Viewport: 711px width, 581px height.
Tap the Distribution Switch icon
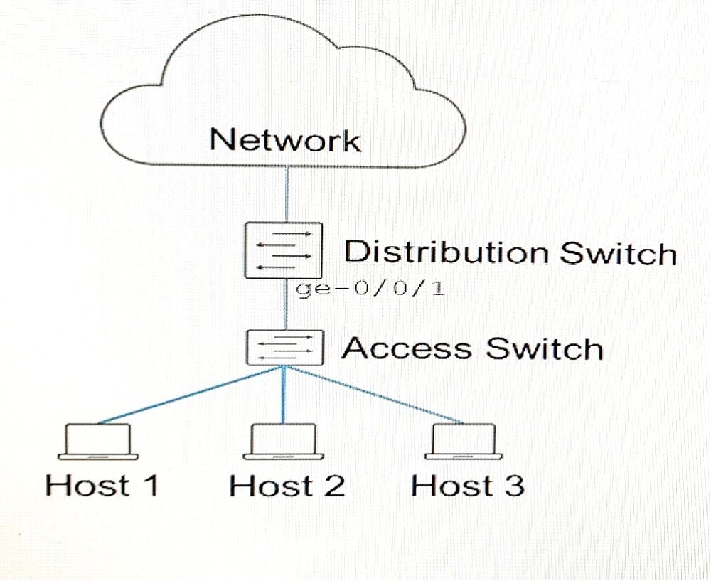pyautogui.click(x=284, y=250)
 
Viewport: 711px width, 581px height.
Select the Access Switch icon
pyautogui.click(x=285, y=348)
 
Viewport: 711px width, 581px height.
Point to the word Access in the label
pyautogui.click(x=407, y=348)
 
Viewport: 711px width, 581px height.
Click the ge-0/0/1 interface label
pyautogui.click(x=370, y=289)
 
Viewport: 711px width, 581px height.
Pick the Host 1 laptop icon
pyautogui.click(x=98, y=442)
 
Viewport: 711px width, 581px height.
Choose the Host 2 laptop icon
pyautogui.click(x=284, y=442)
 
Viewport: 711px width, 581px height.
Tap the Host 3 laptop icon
pyautogui.click(x=464, y=442)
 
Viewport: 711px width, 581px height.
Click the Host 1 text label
pyautogui.click(x=102, y=485)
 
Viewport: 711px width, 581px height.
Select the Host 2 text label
pyautogui.click(x=287, y=485)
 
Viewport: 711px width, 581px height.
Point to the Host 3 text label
pyautogui.click(x=468, y=485)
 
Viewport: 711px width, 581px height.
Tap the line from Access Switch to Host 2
pyautogui.click(x=284, y=395)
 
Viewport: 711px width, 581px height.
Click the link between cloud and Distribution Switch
pyautogui.click(x=287, y=194)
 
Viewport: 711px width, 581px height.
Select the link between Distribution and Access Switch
pyautogui.click(x=286, y=304)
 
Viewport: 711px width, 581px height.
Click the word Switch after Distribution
pyautogui.click(x=619, y=252)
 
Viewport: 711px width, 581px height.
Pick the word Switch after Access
pyautogui.click(x=544, y=348)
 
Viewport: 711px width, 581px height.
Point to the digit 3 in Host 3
pyautogui.click(x=514, y=485)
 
